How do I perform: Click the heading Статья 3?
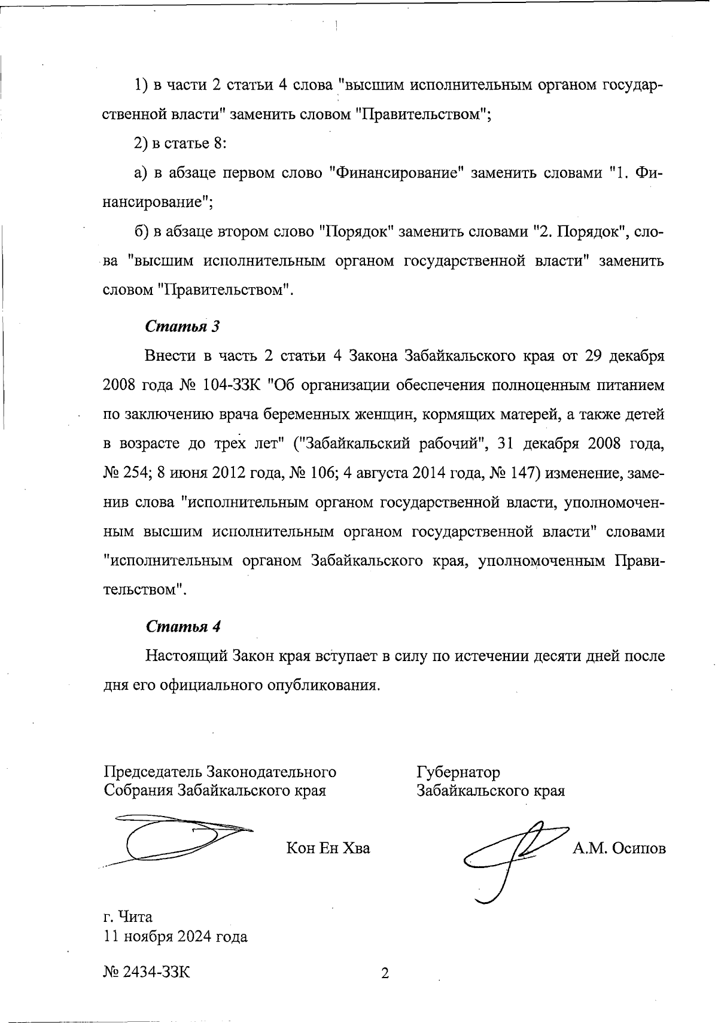click(x=183, y=327)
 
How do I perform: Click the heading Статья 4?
click(x=183, y=626)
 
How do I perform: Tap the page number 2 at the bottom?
click(x=385, y=973)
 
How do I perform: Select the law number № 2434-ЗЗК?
click(x=147, y=972)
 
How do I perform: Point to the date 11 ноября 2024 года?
click(x=176, y=936)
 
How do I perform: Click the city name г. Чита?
click(x=128, y=917)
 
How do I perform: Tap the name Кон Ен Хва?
click(x=328, y=848)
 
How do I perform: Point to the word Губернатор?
click(x=458, y=772)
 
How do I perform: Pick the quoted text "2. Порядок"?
click(x=579, y=232)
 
